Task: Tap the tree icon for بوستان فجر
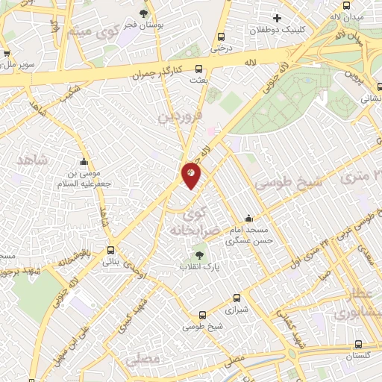pyautogui.click(x=143, y=13)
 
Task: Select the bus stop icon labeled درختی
pyautogui.click(x=220, y=37)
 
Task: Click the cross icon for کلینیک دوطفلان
pyautogui.click(x=277, y=18)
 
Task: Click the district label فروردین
pyautogui.click(x=179, y=117)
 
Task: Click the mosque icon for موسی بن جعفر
pyautogui.click(x=84, y=162)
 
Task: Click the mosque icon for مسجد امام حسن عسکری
pyautogui.click(x=248, y=219)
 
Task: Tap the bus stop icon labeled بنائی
pyautogui.click(x=110, y=251)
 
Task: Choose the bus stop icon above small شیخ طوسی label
pyautogui.click(x=202, y=316)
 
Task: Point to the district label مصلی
pyautogui.click(x=143, y=359)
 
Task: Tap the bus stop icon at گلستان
pyautogui.click(x=360, y=345)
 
